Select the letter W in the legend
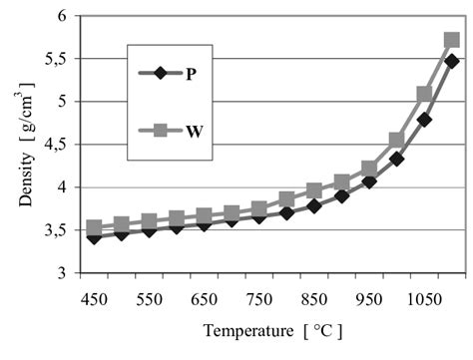[190, 127]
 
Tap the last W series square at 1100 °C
[451, 41]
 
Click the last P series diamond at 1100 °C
[451, 61]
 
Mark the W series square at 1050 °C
[424, 94]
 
